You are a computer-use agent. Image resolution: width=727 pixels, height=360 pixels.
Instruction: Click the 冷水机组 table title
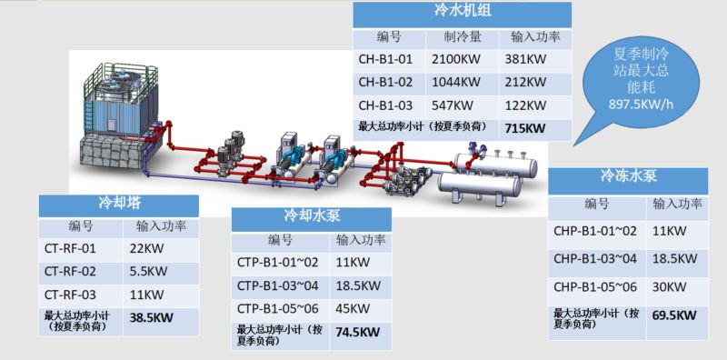pos(463,11)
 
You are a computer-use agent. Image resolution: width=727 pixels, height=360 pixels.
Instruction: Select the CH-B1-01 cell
pos(385,59)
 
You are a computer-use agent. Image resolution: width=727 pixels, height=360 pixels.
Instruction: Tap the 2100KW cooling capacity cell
pos(456,59)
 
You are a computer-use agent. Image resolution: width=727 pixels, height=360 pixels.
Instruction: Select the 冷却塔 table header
pos(120,204)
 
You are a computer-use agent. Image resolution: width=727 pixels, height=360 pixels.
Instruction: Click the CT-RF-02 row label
pos(71,271)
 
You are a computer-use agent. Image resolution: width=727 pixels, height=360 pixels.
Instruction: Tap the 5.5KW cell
pos(148,271)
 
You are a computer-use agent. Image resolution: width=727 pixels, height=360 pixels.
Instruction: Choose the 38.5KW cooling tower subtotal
pos(151,318)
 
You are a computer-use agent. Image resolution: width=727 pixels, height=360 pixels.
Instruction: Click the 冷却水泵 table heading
pos(312,216)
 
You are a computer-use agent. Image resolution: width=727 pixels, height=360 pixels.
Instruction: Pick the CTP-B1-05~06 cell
pos(278,308)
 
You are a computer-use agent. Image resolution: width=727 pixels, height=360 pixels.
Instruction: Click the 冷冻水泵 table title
pos(629,176)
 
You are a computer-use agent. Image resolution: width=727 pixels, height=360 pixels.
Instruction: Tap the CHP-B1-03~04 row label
pos(595,258)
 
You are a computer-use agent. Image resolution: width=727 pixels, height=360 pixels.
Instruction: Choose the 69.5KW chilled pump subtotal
pos(674,315)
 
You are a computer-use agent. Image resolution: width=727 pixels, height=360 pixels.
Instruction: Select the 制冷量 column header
pos(463,37)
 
